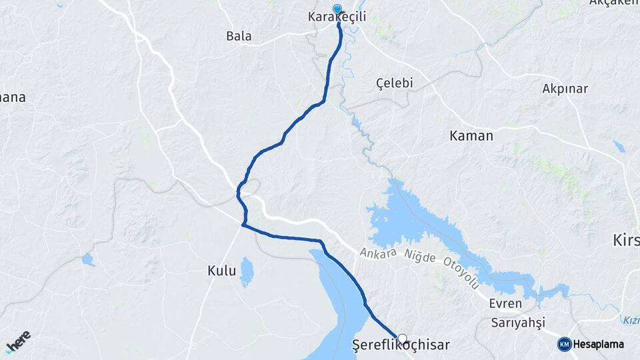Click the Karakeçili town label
coord(337,16)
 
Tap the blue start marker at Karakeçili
coord(337,10)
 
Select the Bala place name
coord(239,36)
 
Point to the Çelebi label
coord(395,83)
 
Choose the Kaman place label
coord(471,136)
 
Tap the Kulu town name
coord(222,271)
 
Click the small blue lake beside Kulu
coord(247,271)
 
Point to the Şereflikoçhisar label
coord(401,345)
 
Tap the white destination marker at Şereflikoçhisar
coord(402,338)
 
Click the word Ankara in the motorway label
coord(378,254)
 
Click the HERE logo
coord(18,341)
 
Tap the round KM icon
coord(565,344)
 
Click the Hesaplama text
coord(598,344)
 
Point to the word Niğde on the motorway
coord(419,258)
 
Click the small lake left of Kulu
coord(88,259)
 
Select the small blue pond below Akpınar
coord(620,146)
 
